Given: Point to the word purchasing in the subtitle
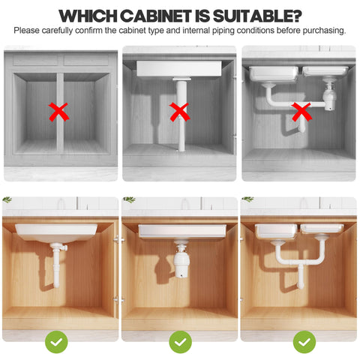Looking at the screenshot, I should click(322, 31).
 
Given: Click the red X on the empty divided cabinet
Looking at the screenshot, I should click(59, 112).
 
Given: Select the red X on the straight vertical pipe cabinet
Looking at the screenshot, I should click(179, 112).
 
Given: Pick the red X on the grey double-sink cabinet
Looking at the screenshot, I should click(301, 112).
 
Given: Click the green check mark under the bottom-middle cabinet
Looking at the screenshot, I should click(179, 342).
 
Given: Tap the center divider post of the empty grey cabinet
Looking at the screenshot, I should click(59, 112).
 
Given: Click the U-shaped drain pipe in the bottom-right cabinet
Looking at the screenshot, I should click(300, 262).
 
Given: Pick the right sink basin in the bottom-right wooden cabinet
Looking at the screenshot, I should click(322, 229).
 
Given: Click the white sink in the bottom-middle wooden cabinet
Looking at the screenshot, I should click(179, 230).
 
